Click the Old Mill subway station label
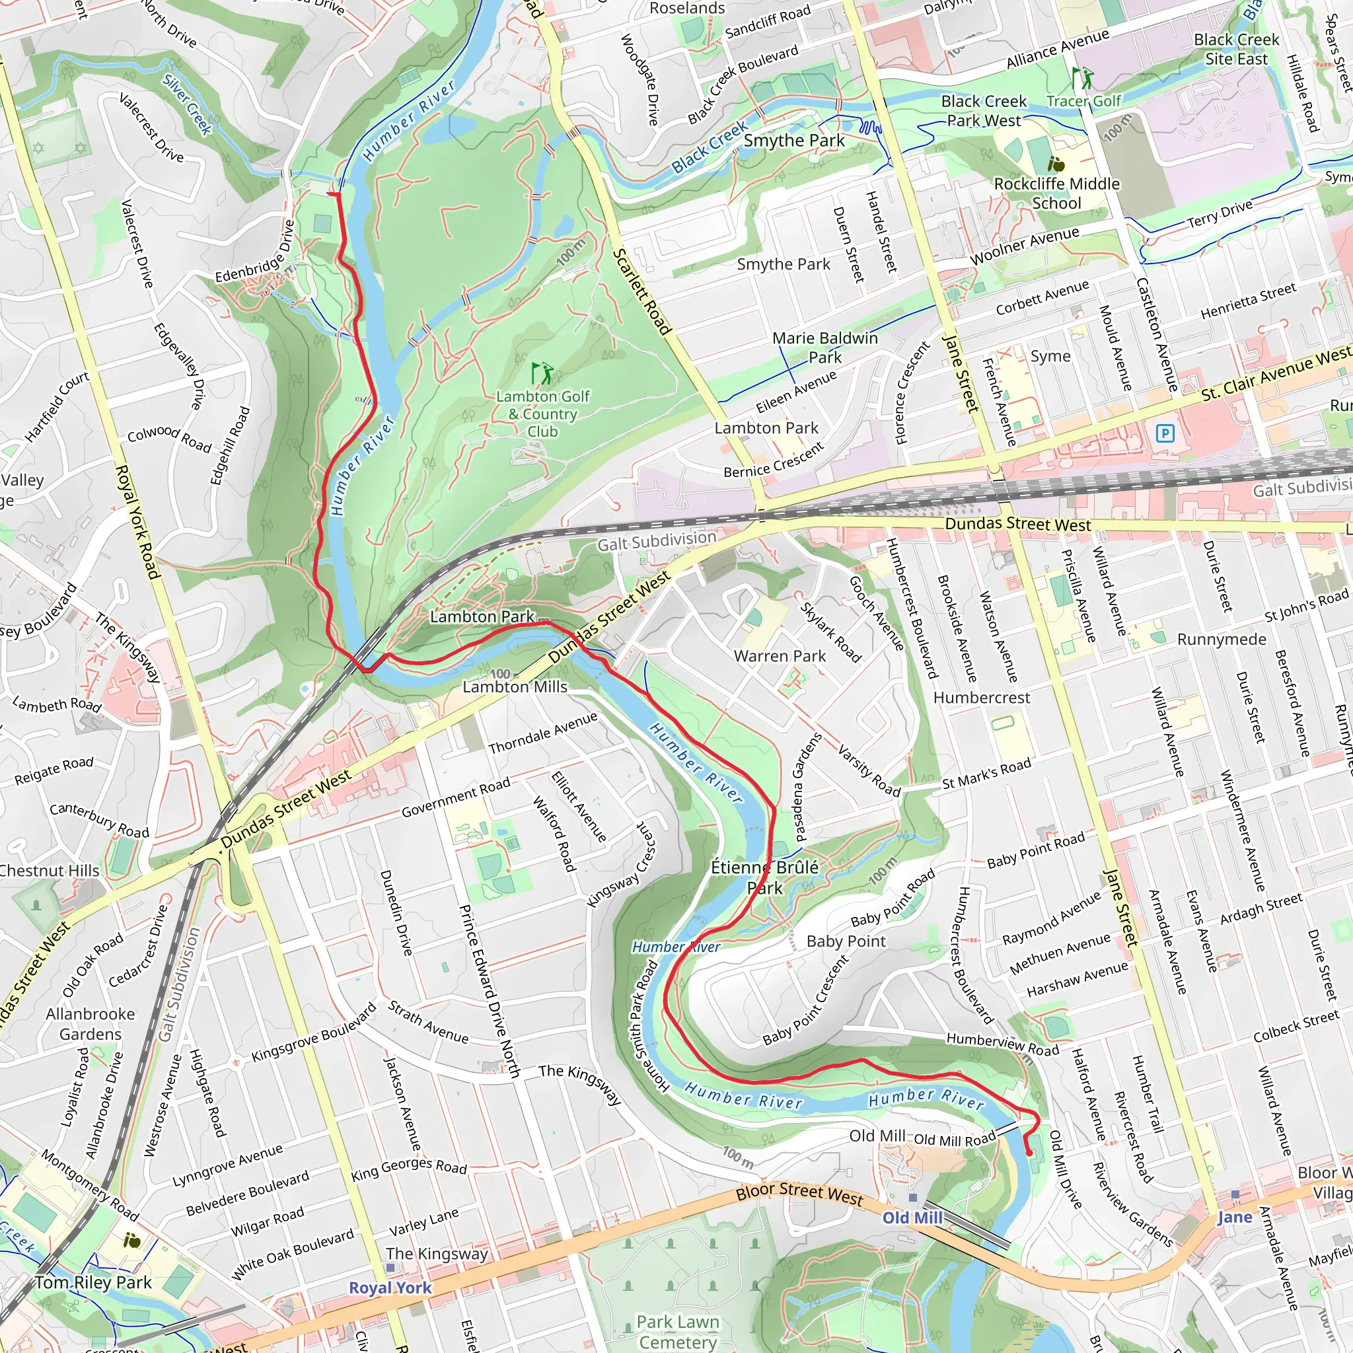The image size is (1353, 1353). coord(912,1218)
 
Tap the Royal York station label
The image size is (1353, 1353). coord(390,1288)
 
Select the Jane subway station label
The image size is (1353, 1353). coord(1234,1217)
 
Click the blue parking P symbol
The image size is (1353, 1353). coord(1165,433)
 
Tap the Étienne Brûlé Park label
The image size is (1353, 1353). coord(765,877)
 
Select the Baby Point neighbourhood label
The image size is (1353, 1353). coord(846,941)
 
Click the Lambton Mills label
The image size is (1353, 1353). coord(515,687)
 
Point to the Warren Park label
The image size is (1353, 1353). coord(780,656)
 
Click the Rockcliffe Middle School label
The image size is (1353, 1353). coord(1057,194)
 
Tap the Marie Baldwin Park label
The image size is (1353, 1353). coord(825,347)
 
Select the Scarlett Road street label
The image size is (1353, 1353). coord(641,291)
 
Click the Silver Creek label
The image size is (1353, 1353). coord(187,104)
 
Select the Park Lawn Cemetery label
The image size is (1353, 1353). coord(677,1331)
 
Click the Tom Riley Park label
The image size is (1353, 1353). coord(93,1283)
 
